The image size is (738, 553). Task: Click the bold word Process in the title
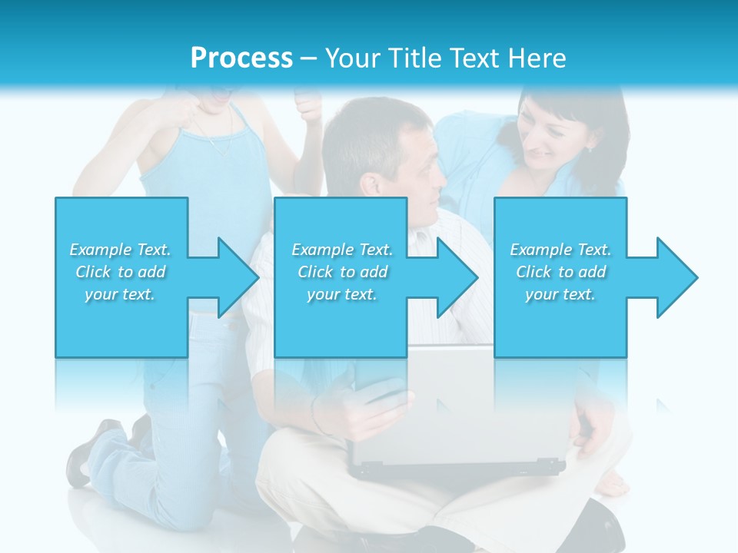pos(241,58)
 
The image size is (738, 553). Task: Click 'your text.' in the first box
pos(120,294)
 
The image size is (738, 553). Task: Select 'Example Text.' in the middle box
pos(342,250)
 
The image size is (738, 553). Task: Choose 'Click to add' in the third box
pos(561,272)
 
